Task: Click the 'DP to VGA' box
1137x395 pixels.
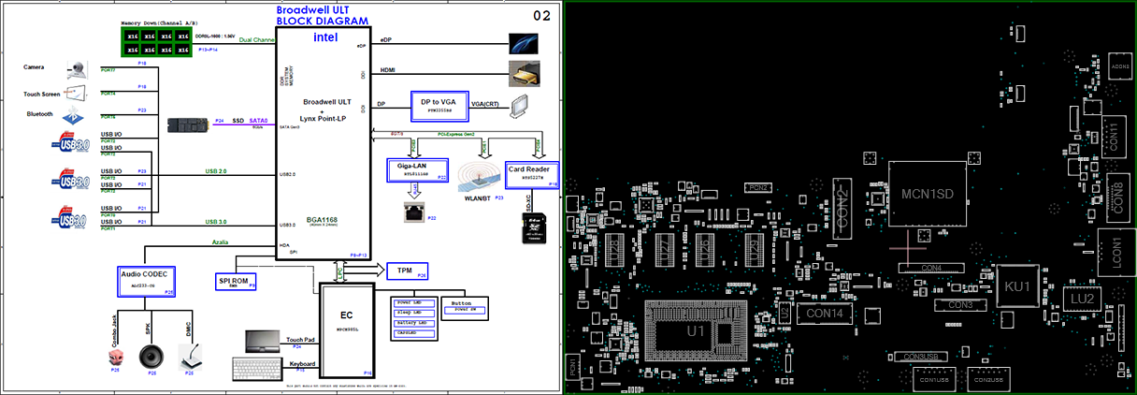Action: (x=439, y=103)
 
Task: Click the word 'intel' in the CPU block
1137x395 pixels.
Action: (x=324, y=38)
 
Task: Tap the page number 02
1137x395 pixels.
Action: (x=541, y=16)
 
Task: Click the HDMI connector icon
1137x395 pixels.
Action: (x=524, y=73)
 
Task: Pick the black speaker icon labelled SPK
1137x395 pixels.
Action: (x=152, y=357)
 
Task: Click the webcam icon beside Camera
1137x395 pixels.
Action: (x=78, y=68)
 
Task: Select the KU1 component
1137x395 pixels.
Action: (x=1017, y=285)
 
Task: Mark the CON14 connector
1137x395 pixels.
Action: (x=825, y=313)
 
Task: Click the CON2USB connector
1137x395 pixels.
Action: (x=989, y=379)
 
